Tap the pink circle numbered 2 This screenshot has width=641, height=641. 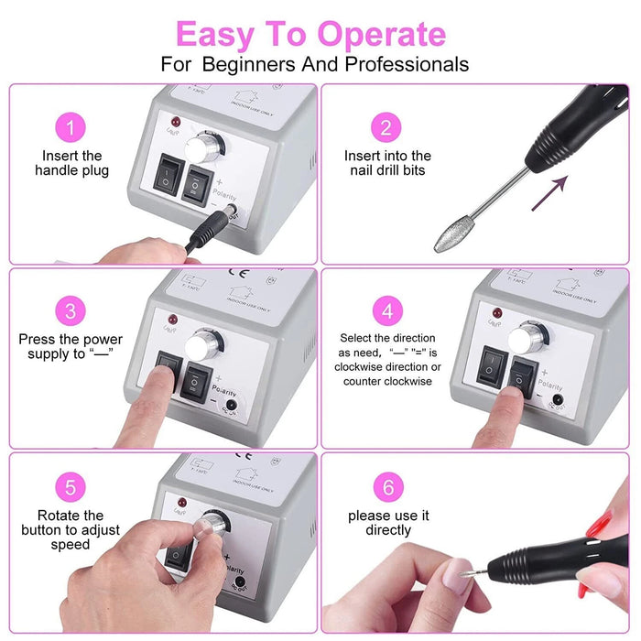coord(386,126)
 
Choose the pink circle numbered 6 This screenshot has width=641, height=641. coord(386,486)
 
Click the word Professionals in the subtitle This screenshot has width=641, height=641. coord(410,65)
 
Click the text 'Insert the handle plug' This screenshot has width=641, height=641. coord(71,163)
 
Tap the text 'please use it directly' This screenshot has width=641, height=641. coord(386,523)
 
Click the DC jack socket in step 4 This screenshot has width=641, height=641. coord(556,399)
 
